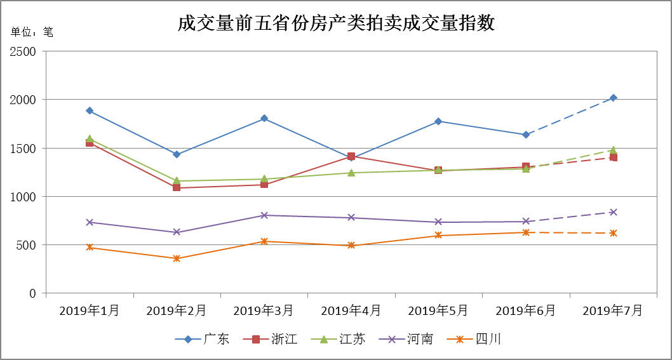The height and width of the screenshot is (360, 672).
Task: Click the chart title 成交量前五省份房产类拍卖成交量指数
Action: coord(336,23)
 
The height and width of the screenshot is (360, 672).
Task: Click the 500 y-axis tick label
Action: coord(29,245)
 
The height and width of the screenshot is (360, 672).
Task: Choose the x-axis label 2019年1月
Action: coord(90,310)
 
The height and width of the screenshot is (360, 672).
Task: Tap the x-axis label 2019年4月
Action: coord(351,310)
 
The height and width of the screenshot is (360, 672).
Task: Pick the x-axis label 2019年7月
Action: coord(613,310)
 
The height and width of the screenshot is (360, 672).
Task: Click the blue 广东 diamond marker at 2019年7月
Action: coord(614,98)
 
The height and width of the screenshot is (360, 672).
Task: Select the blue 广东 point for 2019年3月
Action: coord(264,119)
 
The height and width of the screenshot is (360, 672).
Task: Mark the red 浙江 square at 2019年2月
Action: coord(177,187)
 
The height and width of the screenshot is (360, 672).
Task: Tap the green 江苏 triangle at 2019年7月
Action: coord(614,150)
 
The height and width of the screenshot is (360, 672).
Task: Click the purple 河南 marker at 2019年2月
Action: coord(177,232)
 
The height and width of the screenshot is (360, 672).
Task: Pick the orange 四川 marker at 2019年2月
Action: coord(177,258)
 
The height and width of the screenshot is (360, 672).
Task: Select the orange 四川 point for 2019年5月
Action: coord(438,236)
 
